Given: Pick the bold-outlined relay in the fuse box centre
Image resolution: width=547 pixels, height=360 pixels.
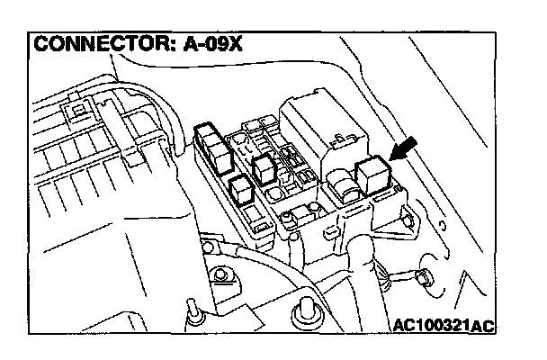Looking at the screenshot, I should (x=265, y=168).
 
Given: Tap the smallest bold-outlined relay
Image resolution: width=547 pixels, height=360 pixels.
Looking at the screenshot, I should (x=240, y=190).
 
